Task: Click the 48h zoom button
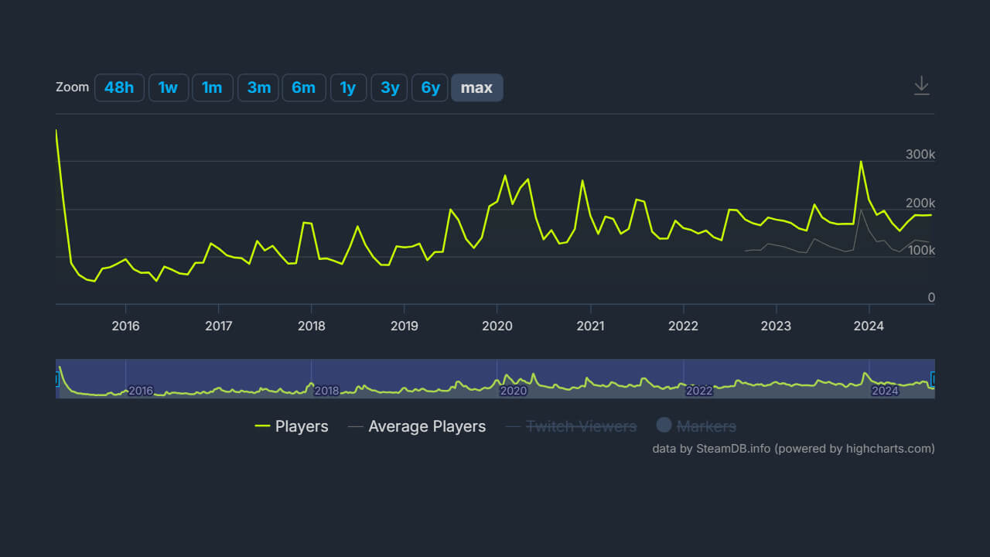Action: [119, 87]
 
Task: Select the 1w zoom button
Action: [168, 87]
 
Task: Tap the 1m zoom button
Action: [212, 87]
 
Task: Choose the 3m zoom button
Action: [258, 87]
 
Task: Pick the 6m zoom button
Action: [303, 87]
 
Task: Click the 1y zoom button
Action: [348, 87]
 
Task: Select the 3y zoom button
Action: [390, 87]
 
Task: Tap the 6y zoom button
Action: [430, 87]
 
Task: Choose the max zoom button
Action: [476, 87]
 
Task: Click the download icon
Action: [921, 85]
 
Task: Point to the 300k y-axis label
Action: [920, 155]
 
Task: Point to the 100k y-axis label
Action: [920, 251]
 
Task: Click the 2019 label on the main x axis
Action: [404, 326]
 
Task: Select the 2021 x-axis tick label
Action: [590, 326]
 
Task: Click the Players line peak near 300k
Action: [861, 162]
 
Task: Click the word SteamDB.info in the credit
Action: [733, 448]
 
